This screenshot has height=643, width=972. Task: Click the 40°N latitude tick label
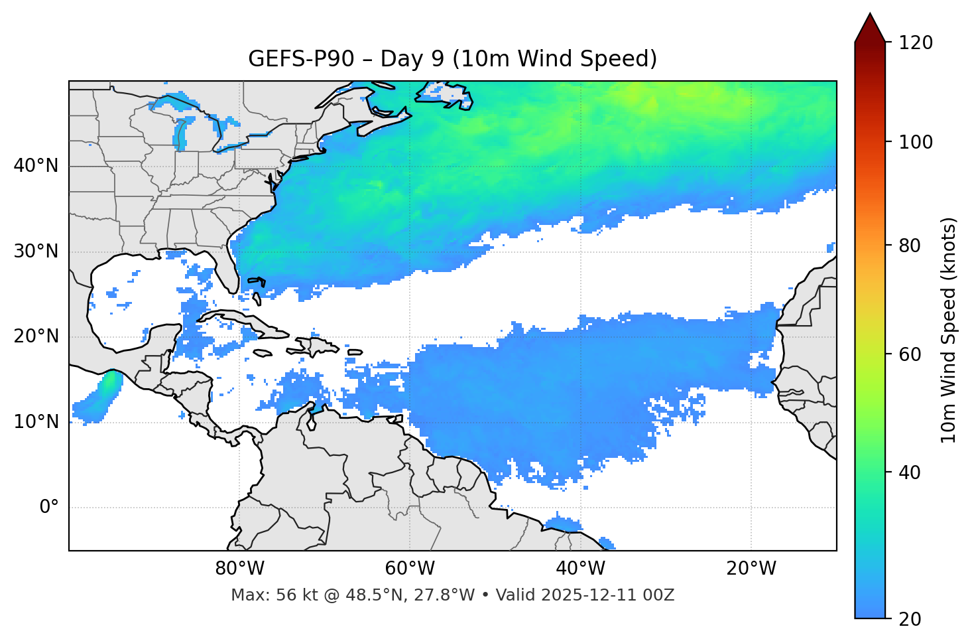36,166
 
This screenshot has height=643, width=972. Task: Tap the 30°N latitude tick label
36,251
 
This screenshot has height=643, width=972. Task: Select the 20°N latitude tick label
36,336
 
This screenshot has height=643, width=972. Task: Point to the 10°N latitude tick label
36,422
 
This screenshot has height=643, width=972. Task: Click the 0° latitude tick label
49,508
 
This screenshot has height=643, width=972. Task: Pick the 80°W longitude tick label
239,569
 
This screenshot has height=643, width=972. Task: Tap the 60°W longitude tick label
410,569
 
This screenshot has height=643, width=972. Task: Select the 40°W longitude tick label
580,569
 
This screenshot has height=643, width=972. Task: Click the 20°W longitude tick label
751,569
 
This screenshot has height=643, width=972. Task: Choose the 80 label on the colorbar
909,246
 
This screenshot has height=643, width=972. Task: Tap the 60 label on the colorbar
909,354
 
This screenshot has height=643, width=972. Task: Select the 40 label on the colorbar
909,472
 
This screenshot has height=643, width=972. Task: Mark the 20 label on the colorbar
909,619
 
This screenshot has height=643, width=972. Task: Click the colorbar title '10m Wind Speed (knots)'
949,330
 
